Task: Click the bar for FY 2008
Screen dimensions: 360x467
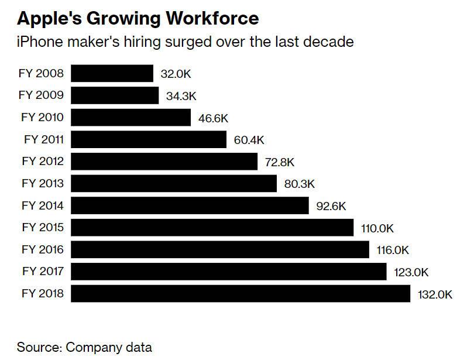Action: coord(112,73)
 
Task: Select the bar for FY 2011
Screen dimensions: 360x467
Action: coord(149,139)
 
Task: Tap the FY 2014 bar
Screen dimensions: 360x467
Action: coord(190,205)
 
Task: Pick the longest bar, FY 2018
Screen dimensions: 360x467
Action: coord(241,293)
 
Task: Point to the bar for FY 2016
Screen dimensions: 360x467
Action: coord(220,249)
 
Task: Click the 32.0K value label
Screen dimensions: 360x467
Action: coord(176,74)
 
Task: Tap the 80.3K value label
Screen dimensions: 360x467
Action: coord(299,184)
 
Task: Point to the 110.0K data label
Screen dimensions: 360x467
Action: coord(378,228)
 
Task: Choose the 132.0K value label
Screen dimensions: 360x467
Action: coord(435,294)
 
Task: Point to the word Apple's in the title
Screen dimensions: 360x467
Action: coord(47,18)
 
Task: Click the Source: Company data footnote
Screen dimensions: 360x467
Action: coord(84,347)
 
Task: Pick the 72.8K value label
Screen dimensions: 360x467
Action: coord(280,162)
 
